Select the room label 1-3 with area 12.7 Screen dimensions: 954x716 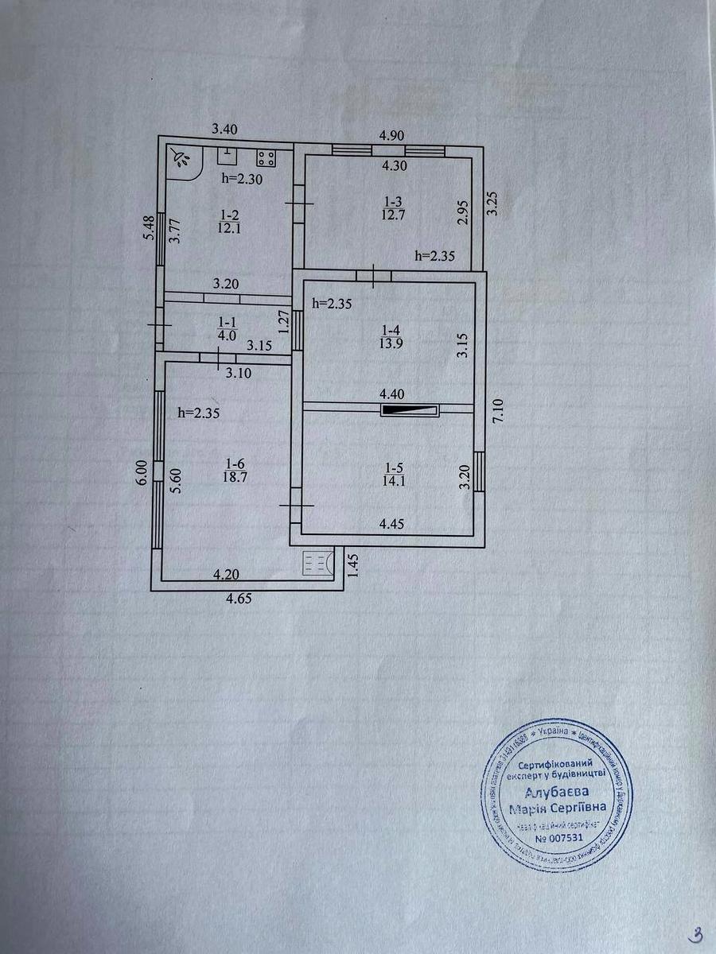390,210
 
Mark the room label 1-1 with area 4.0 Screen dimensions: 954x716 227,330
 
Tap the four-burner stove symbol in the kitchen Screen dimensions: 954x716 266,157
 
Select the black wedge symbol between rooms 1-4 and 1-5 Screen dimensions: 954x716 410,410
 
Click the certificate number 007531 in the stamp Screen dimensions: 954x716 559,837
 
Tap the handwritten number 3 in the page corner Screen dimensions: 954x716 696,933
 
